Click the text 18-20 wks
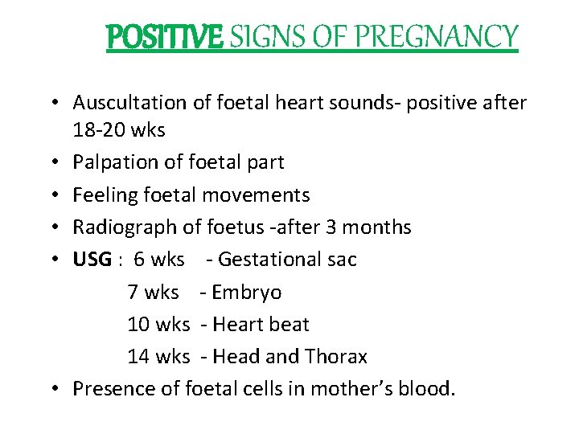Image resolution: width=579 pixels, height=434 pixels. click(119, 129)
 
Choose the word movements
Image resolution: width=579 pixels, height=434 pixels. click(256, 194)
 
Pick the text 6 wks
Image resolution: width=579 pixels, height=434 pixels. click(159, 260)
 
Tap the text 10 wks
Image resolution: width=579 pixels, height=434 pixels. click(158, 325)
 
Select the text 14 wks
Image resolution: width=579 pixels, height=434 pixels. click(158, 357)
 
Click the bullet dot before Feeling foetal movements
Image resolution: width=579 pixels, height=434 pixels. click(61, 195)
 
